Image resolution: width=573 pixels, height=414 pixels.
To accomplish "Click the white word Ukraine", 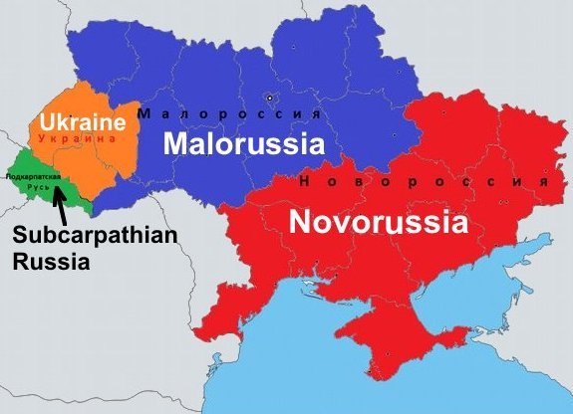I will click(82, 124).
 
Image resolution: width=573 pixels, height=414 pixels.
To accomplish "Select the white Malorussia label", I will click(244, 144).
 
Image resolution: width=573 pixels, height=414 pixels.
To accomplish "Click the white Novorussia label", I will click(379, 220).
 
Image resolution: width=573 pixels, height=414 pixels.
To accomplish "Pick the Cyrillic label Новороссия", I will click(424, 183).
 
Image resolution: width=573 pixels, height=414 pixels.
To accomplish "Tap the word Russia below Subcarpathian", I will click(48, 263).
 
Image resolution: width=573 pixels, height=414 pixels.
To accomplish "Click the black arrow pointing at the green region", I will click(62, 207).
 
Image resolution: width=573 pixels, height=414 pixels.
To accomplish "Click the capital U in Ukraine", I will click(47, 124).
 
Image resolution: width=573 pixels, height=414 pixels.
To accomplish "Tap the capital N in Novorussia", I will click(298, 220).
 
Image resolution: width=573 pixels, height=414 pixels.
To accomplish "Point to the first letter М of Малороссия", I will click(143, 113).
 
